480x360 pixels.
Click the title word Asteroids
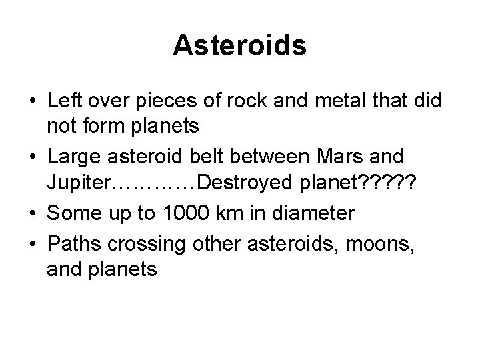(x=239, y=45)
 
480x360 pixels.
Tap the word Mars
(x=361, y=158)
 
